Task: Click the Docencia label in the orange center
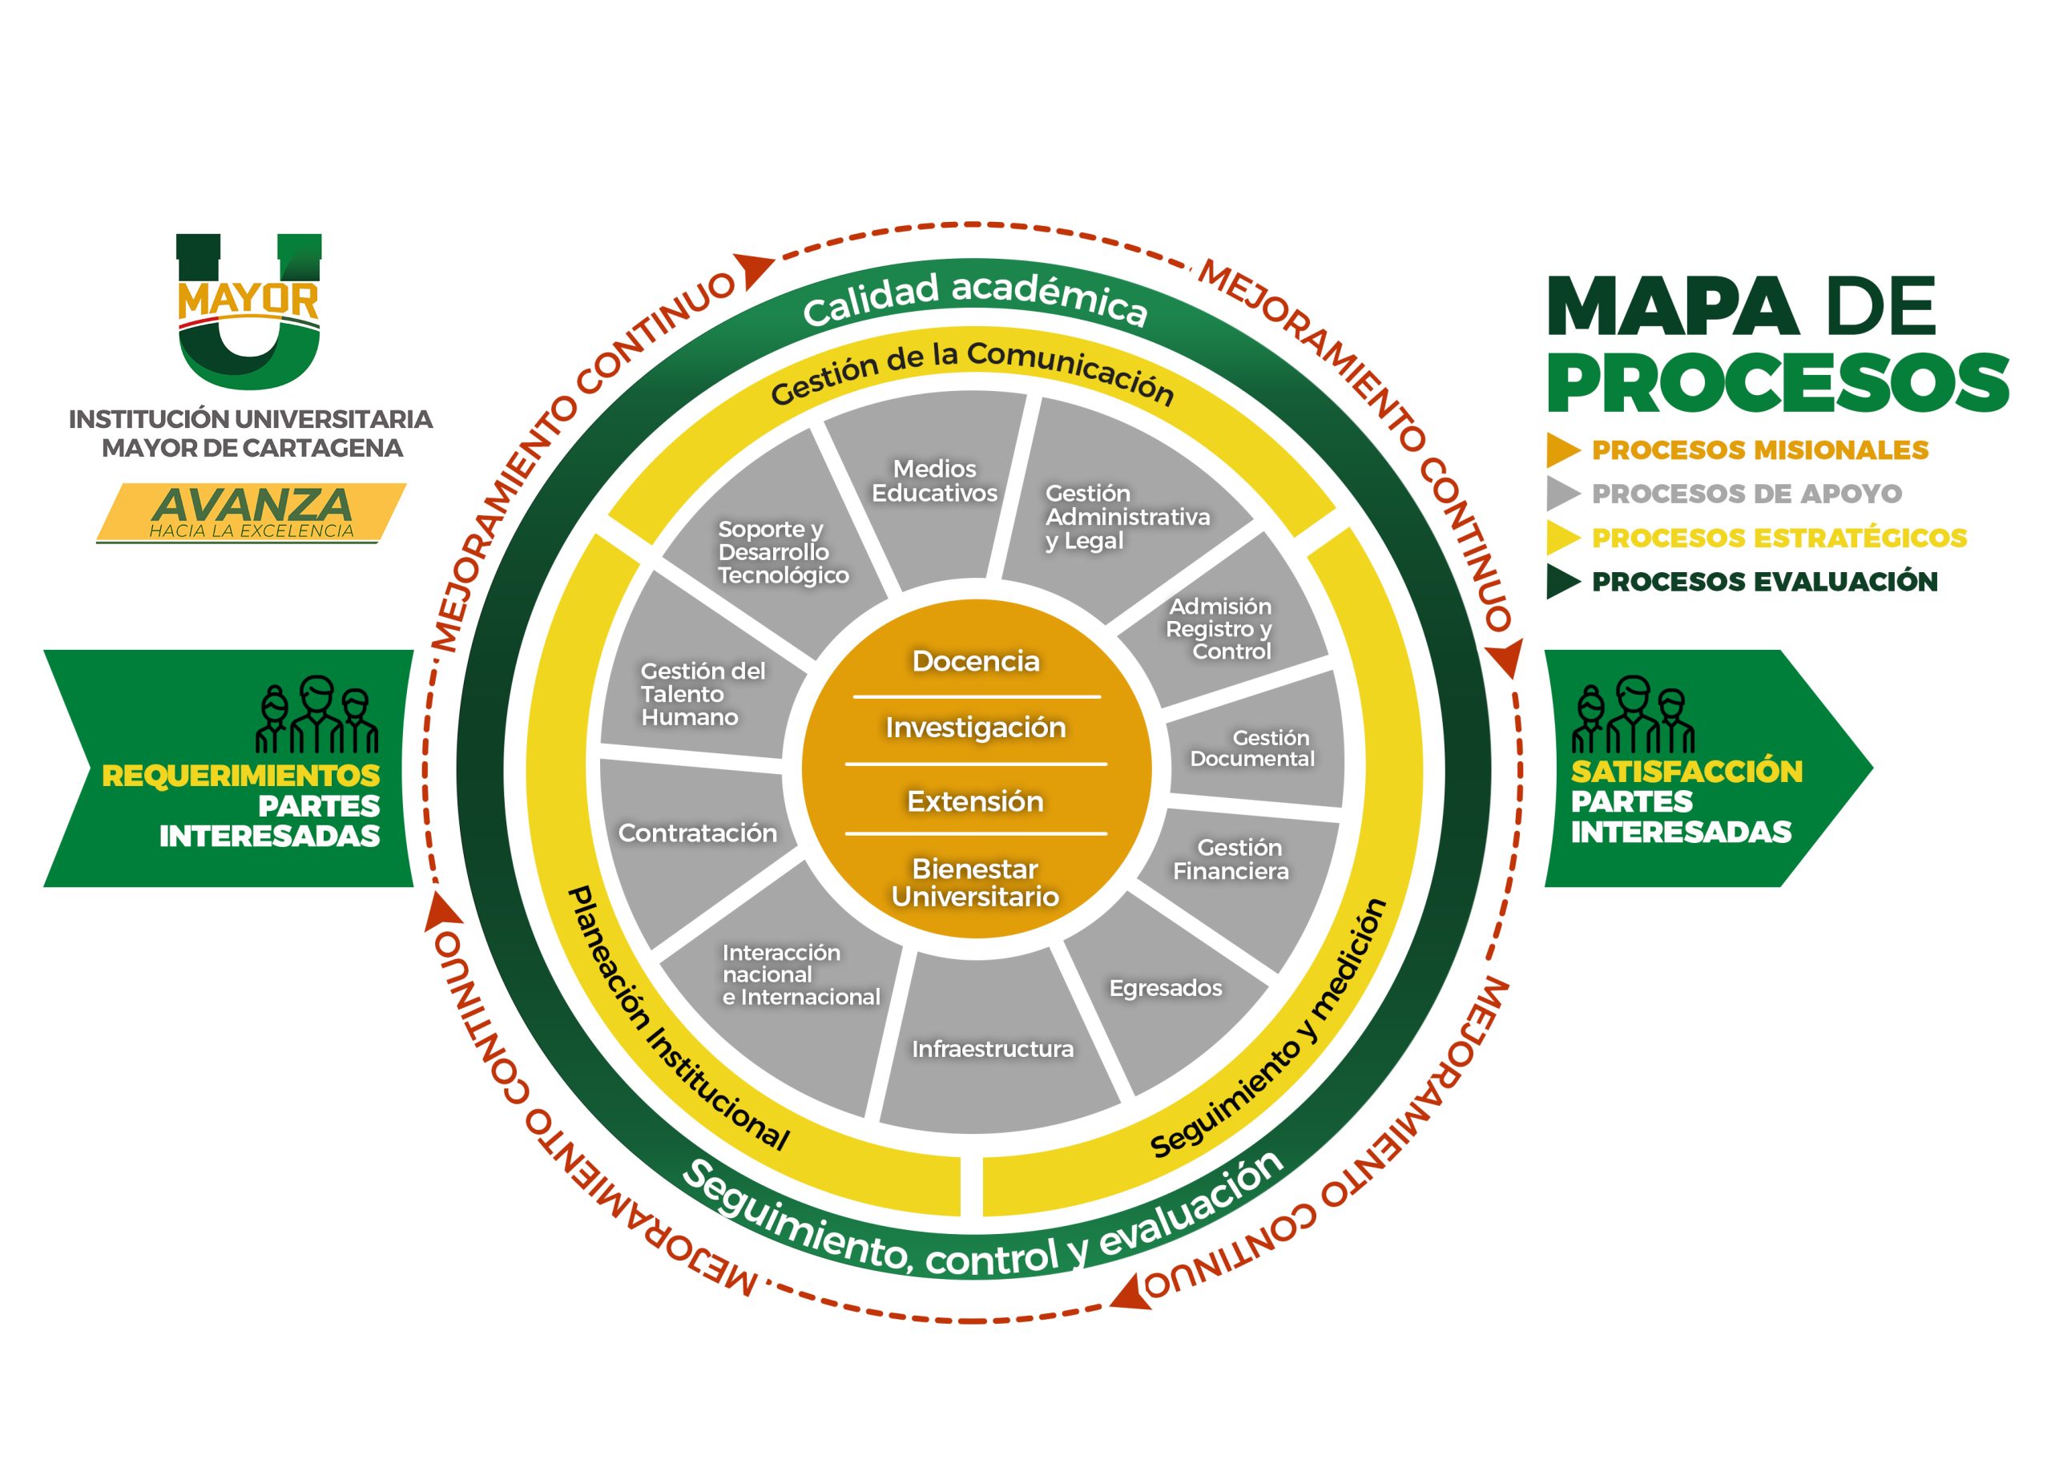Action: pos(975,661)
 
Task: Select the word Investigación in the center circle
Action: pos(975,728)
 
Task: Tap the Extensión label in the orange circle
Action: pos(975,801)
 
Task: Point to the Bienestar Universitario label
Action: pos(975,882)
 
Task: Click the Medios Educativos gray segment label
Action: pos(935,481)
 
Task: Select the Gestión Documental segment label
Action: pos(1252,748)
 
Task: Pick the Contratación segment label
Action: pos(698,833)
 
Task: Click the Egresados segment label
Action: pos(1166,989)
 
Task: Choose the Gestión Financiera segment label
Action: pos(1231,860)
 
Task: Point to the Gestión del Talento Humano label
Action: pos(703,694)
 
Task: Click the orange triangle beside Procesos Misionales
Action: pos(1564,450)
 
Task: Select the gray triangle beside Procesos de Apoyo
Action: pos(1564,494)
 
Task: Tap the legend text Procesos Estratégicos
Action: pos(1779,538)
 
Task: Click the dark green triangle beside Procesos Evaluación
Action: pos(1564,582)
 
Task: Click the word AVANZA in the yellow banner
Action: pos(252,504)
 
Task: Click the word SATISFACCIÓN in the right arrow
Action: pos(1687,772)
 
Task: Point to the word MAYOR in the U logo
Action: pos(249,300)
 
